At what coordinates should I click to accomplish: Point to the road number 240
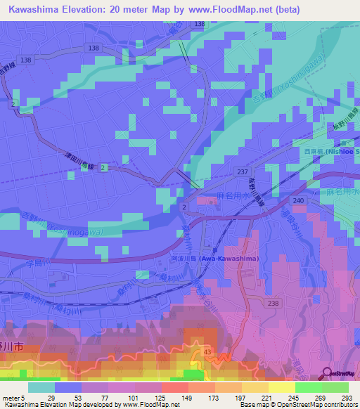tap(298, 200)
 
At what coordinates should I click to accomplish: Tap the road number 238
tap(274, 304)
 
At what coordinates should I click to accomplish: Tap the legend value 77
tap(105, 397)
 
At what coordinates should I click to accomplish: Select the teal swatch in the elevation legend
tap(41, 387)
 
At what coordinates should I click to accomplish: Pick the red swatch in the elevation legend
tap(175, 387)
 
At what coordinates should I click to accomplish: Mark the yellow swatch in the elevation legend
tap(282, 387)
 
